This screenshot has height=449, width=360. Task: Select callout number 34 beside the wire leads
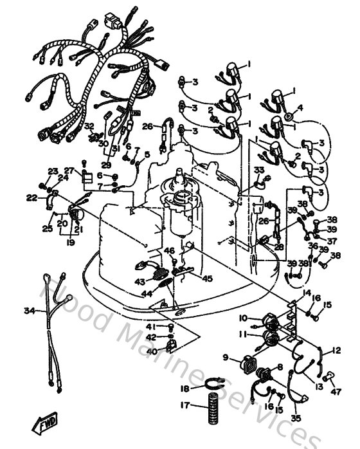[30, 311]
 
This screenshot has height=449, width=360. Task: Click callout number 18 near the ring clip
[184, 389]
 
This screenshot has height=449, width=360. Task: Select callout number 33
[259, 170]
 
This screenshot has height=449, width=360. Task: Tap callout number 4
[300, 107]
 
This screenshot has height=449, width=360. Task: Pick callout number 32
[89, 126]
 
